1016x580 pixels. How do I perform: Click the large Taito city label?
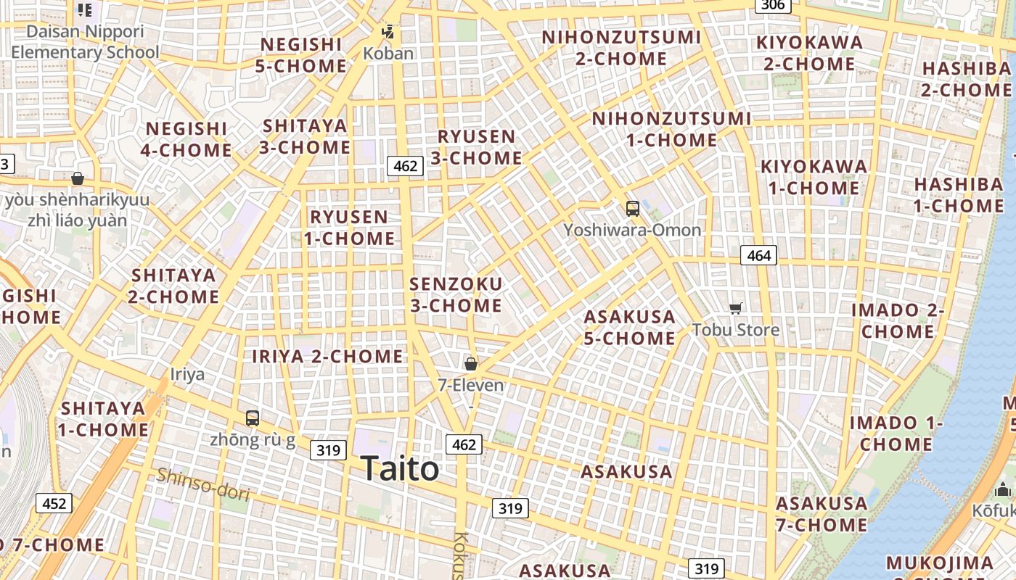point(400,468)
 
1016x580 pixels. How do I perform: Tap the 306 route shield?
point(773,6)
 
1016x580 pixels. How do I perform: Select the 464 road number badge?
point(758,255)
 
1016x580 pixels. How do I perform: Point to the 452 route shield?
point(54,503)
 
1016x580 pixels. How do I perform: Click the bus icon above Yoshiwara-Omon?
point(633,209)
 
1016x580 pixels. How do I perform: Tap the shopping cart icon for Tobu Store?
point(736,308)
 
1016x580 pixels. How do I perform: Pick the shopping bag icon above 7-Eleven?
point(471,363)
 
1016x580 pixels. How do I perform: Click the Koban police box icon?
point(389,33)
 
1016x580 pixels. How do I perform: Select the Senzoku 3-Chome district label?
point(456,294)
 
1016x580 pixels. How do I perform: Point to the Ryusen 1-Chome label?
point(349,227)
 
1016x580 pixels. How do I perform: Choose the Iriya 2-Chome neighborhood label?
point(327,356)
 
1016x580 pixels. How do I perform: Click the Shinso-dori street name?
point(203,484)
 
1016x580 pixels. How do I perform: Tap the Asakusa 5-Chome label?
point(629,327)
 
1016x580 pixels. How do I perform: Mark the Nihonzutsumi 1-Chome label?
point(671,128)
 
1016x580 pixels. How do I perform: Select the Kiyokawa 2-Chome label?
point(809,53)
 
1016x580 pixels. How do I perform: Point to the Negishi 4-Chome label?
point(187,139)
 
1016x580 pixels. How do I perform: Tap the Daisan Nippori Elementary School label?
point(85,42)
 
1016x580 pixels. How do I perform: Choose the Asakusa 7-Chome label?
point(822,513)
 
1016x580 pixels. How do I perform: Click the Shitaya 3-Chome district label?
point(306,136)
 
